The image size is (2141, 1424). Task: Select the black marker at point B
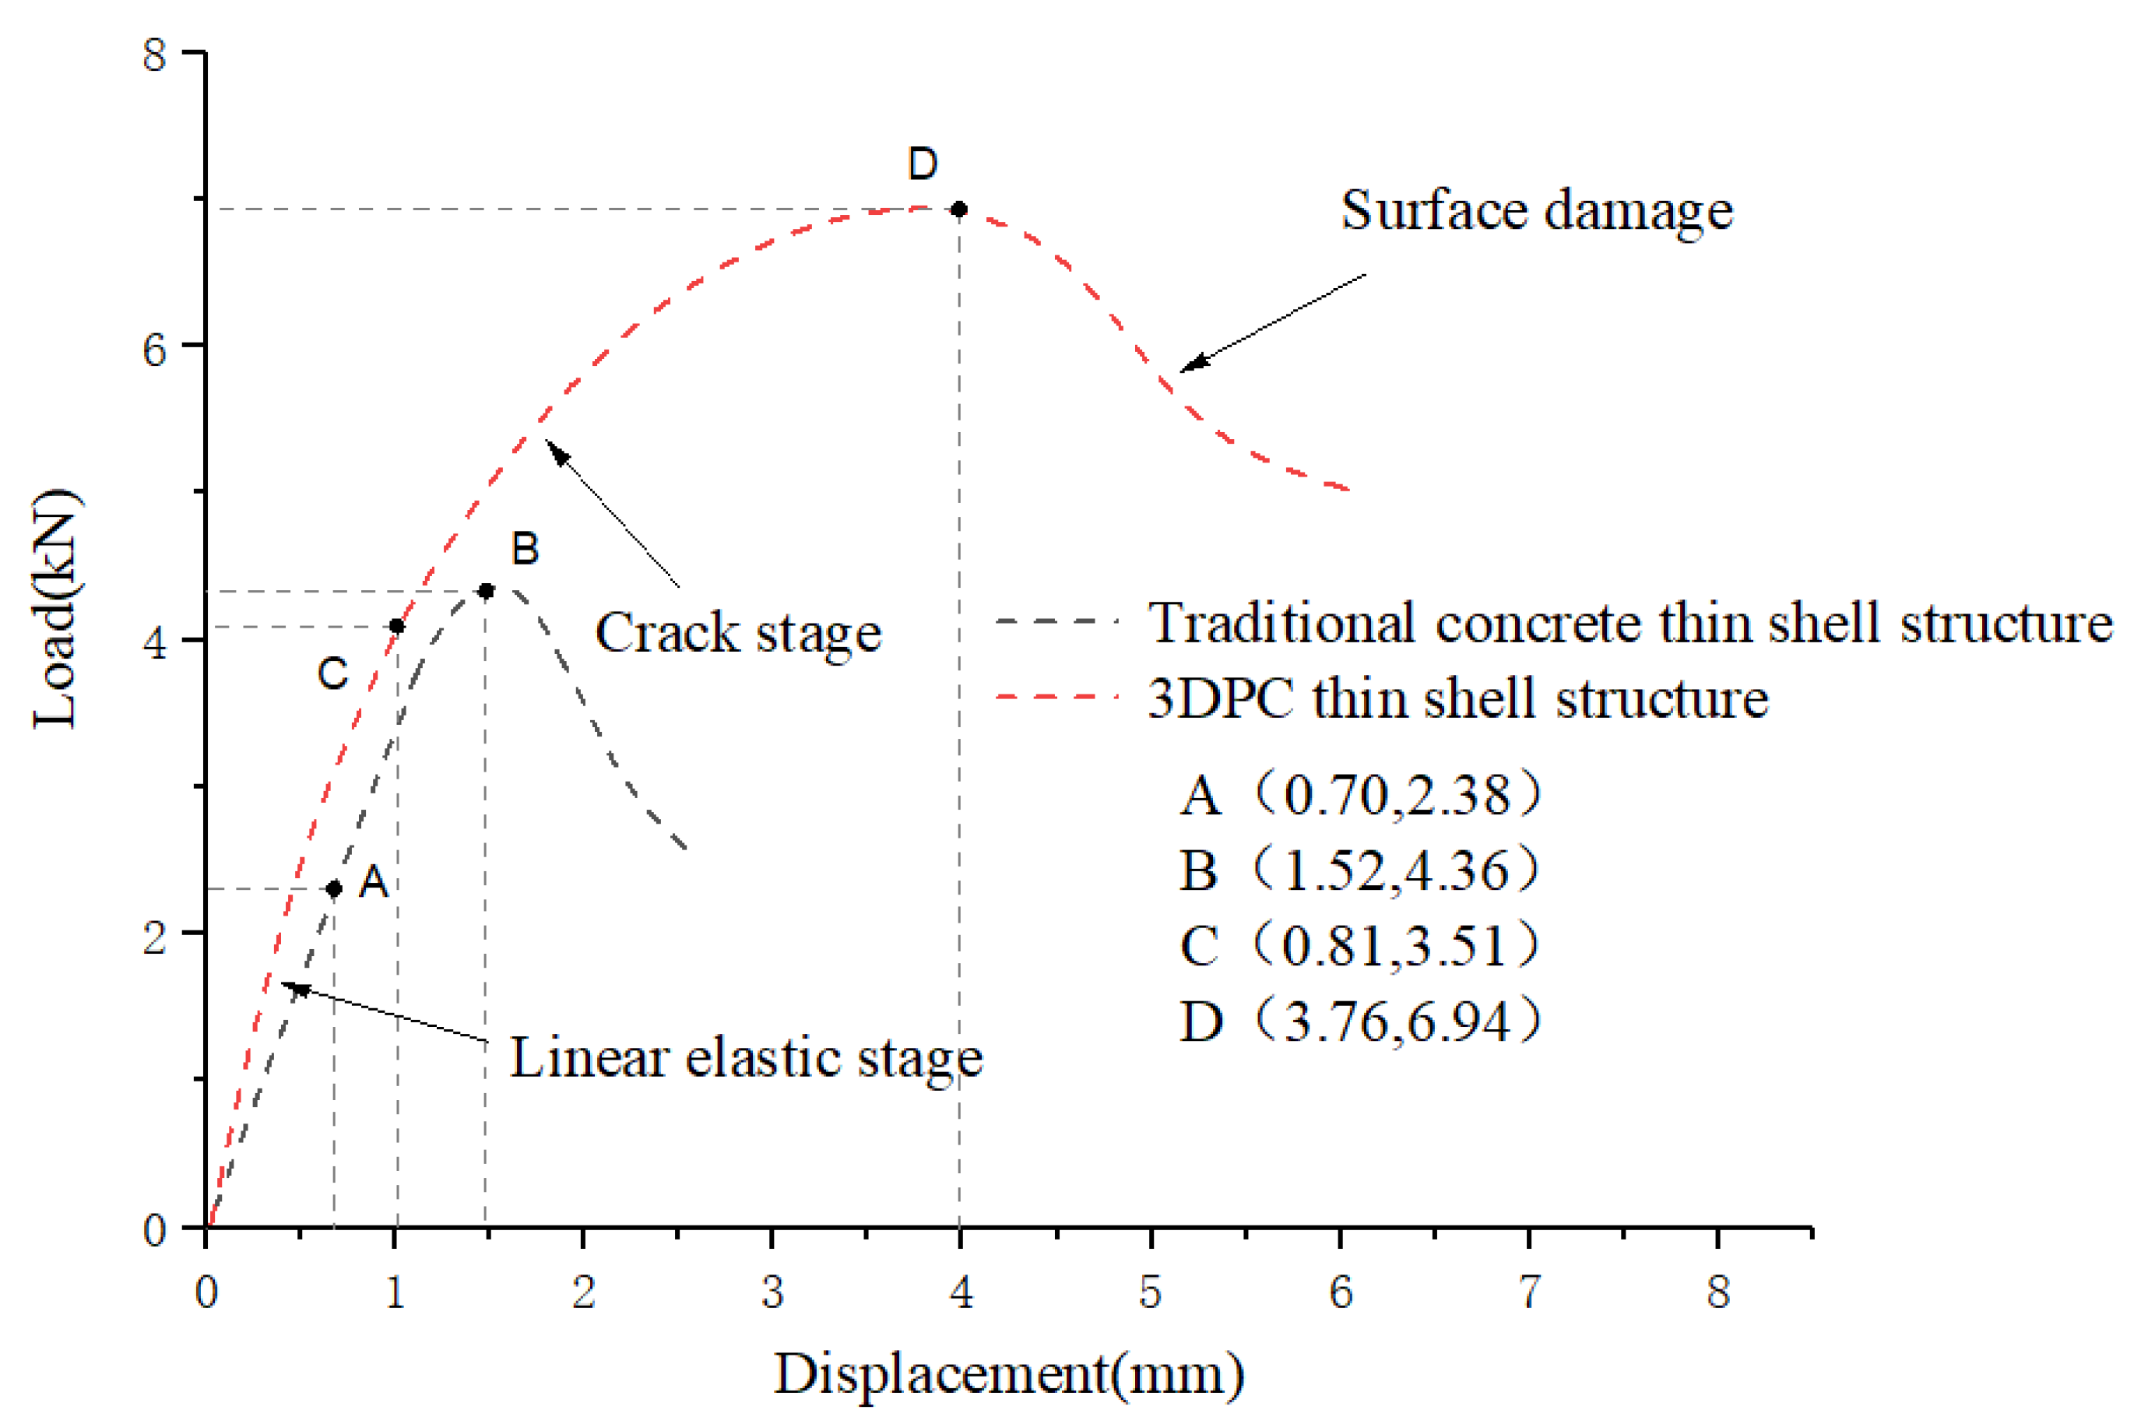click(486, 591)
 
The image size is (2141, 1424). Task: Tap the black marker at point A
click(334, 888)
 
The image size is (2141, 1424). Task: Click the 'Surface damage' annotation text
click(1536, 211)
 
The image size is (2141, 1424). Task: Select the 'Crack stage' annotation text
click(737, 632)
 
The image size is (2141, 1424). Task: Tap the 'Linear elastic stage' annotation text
click(745, 1057)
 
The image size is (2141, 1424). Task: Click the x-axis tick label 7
click(1529, 1292)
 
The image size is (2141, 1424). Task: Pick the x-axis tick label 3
click(772, 1292)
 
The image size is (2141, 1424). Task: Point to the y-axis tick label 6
click(155, 347)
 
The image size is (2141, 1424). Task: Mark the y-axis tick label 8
click(155, 54)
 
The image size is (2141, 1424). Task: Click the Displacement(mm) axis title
click(1008, 1373)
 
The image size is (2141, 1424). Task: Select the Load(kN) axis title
click(56, 609)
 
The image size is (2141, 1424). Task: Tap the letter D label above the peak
click(923, 164)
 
